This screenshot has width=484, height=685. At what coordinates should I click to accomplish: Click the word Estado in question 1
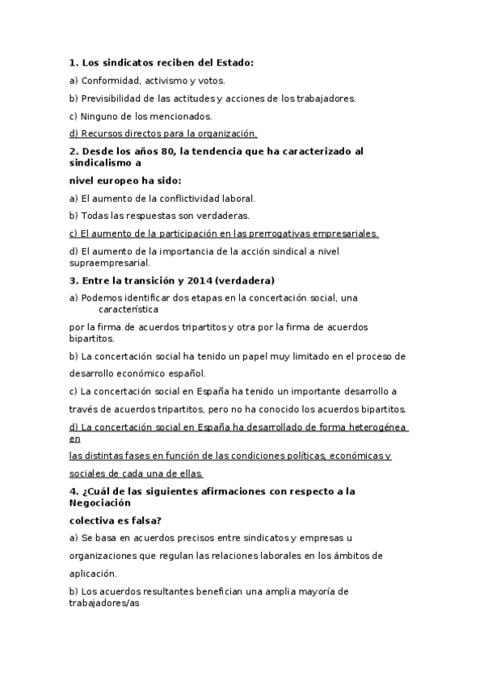click(231, 61)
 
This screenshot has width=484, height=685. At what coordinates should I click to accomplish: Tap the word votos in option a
click(213, 81)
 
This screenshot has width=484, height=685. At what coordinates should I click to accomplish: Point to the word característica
click(128, 309)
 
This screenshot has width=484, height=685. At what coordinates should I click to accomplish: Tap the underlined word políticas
click(301, 456)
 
